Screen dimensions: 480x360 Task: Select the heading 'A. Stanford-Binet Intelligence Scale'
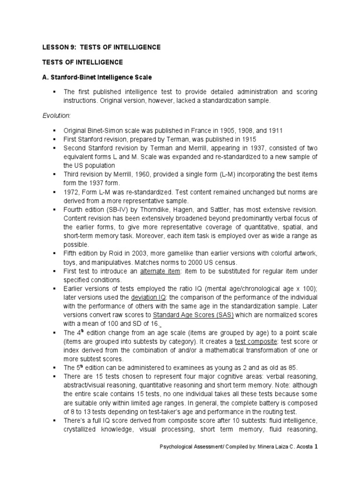(97, 76)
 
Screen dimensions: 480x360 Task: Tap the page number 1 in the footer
(316, 461)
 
